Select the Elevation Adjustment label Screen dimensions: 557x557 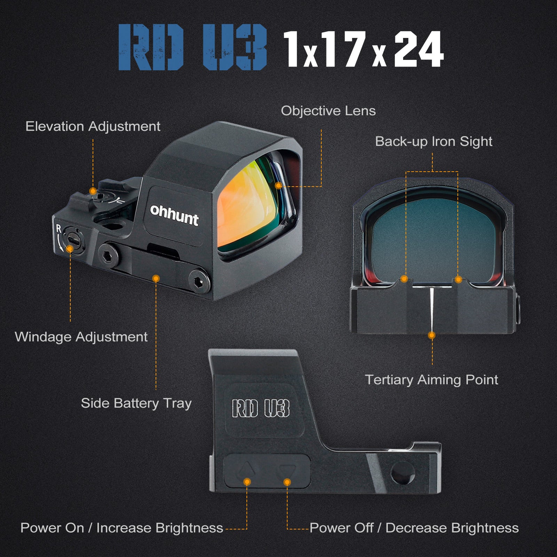(x=93, y=126)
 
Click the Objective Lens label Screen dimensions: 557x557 (x=328, y=111)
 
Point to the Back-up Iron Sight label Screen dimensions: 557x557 (x=434, y=141)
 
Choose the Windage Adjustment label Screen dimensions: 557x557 (x=81, y=337)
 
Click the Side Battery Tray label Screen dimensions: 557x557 (x=136, y=403)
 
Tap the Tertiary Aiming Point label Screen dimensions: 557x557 (x=432, y=379)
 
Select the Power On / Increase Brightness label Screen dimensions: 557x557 (x=122, y=528)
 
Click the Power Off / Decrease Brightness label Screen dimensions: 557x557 (x=414, y=528)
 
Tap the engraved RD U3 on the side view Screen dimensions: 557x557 (x=261, y=408)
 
